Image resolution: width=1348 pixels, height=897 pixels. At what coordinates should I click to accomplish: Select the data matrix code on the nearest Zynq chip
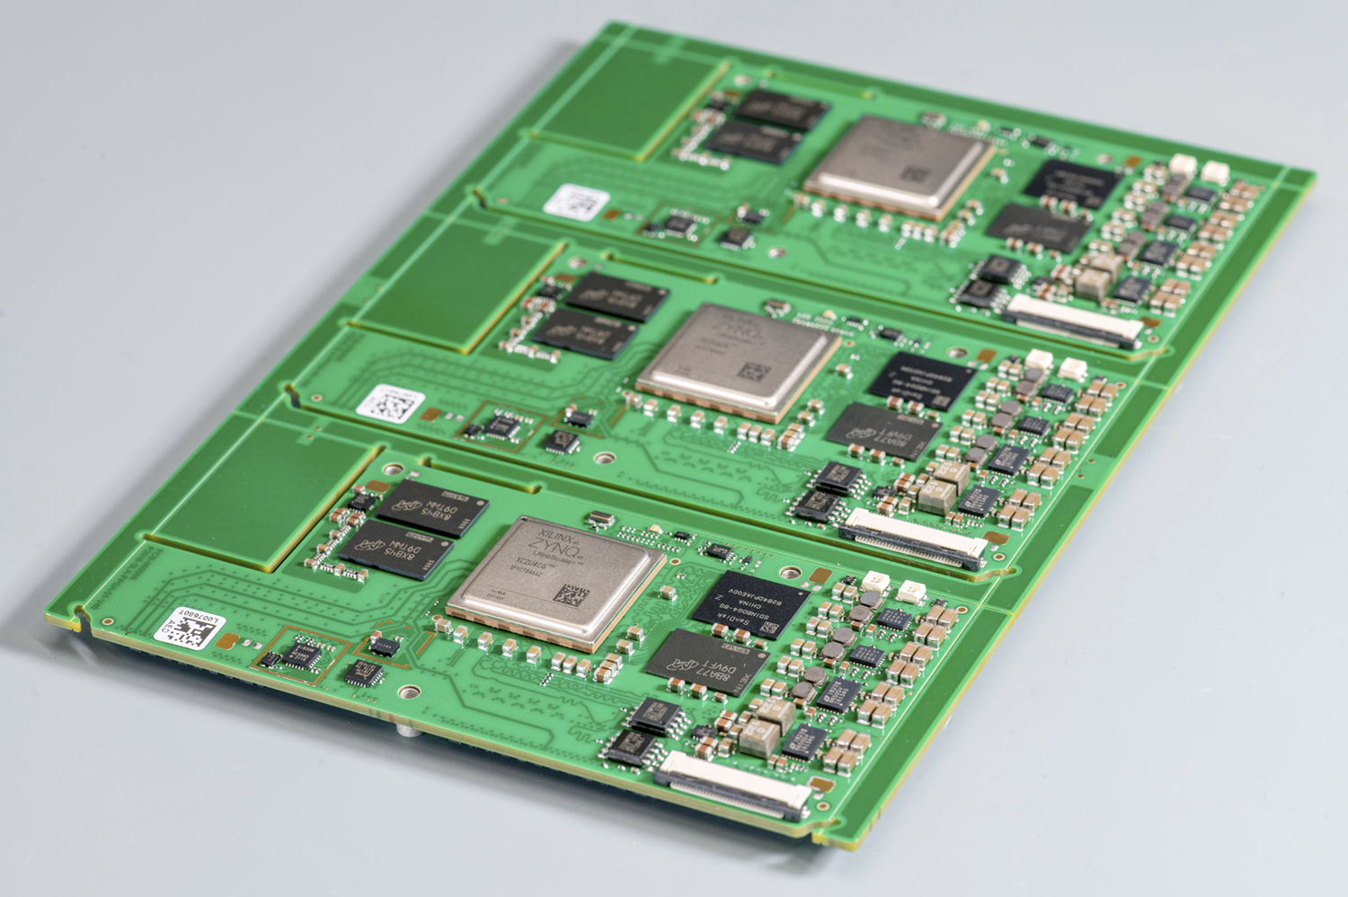pyautogui.click(x=572, y=596)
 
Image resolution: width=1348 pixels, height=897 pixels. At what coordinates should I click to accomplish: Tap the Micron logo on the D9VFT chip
pyautogui.click(x=683, y=665)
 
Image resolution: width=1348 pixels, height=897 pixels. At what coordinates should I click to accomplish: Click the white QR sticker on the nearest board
pyautogui.click(x=188, y=626)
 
